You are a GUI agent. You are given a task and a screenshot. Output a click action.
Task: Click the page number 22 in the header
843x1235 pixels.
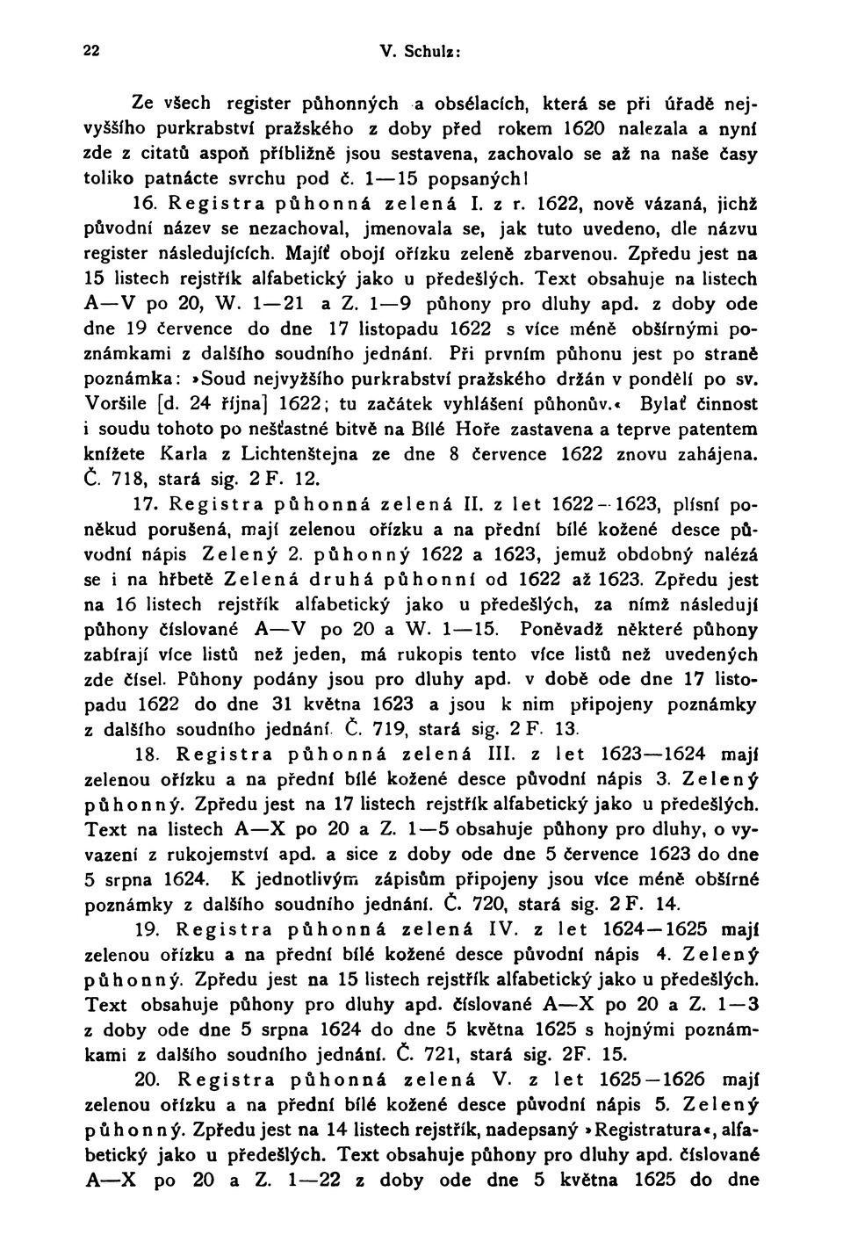point(91,50)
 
